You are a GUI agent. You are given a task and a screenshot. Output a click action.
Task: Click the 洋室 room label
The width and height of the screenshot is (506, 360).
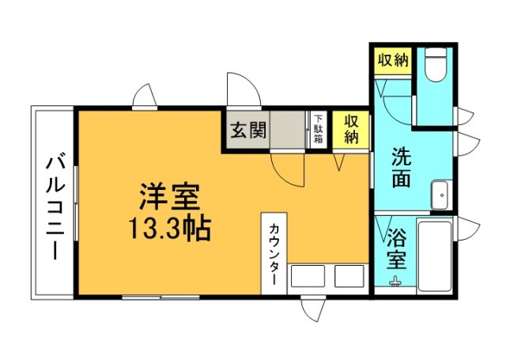[169, 195]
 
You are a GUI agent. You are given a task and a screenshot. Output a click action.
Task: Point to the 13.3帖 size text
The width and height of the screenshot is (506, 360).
[169, 229]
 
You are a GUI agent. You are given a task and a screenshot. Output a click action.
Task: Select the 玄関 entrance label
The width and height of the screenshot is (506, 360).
[247, 130]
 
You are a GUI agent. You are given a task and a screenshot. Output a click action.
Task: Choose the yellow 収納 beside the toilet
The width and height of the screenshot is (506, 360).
[391, 61]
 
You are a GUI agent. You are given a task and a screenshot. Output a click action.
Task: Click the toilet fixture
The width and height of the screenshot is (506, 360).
[434, 66]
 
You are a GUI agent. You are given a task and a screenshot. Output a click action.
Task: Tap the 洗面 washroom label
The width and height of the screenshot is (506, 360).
[402, 167]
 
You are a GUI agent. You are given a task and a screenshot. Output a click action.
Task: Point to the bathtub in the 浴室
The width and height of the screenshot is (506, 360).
[434, 255]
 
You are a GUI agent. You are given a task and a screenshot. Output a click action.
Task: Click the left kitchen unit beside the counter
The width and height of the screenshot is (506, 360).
[308, 276]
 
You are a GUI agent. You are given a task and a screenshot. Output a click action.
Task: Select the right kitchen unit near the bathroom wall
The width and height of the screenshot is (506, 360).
[348, 276]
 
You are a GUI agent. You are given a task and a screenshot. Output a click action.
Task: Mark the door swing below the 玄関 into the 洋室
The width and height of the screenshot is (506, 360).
[287, 169]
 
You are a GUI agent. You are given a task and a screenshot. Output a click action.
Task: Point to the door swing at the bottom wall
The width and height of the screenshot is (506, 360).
[315, 309]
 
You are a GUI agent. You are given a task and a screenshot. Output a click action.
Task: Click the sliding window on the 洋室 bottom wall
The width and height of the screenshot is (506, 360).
[150, 297]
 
